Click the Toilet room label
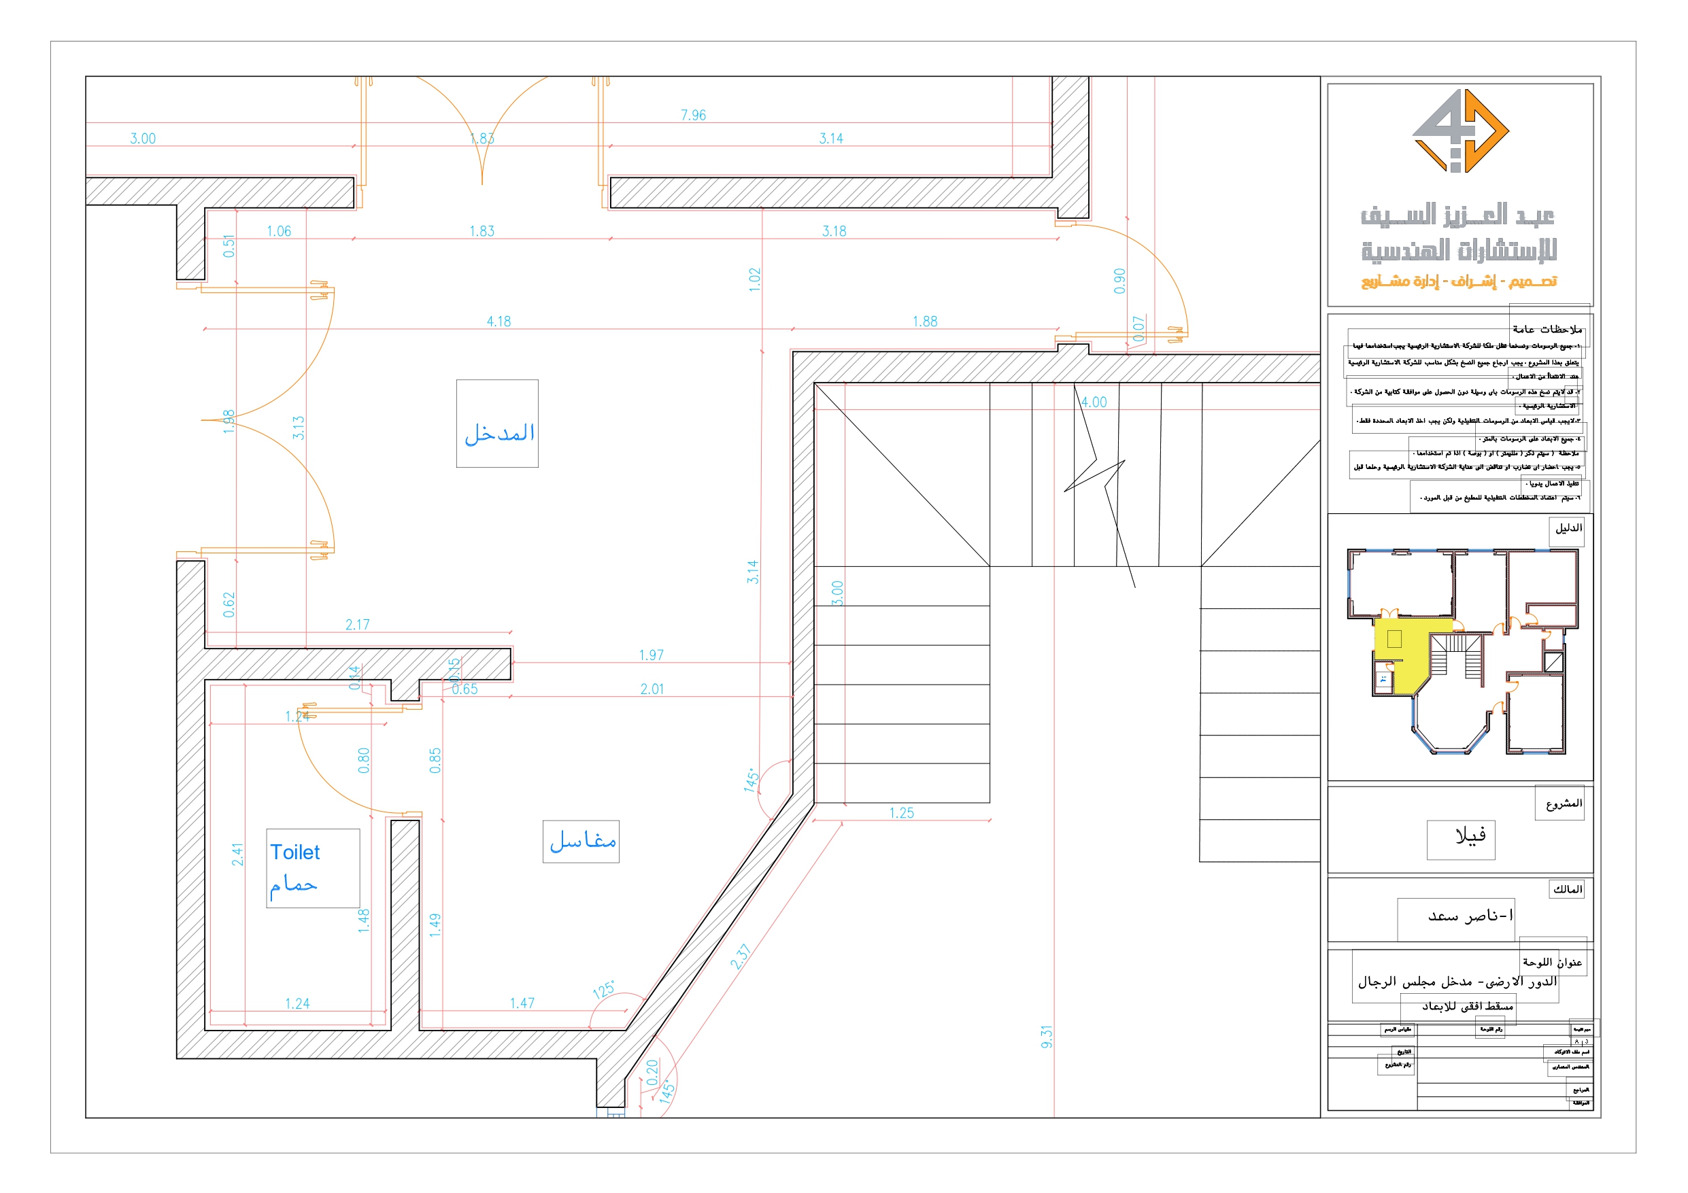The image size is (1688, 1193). click(294, 852)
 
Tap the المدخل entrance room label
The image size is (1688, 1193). click(499, 433)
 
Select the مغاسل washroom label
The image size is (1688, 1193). click(582, 841)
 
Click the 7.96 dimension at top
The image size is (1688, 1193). click(692, 116)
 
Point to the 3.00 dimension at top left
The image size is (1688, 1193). click(143, 138)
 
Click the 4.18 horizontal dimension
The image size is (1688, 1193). click(499, 322)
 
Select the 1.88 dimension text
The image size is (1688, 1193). click(924, 322)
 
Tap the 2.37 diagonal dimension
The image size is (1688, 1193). click(741, 956)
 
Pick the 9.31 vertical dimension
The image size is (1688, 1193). click(1047, 1037)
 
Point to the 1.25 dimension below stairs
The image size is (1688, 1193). click(901, 812)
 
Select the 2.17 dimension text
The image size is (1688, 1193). click(357, 625)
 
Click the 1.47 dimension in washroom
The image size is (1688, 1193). click(522, 1003)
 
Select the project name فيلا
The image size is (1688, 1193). click(1470, 835)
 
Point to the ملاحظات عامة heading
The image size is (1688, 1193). click(1547, 328)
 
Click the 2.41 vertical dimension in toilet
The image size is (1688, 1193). click(237, 854)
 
